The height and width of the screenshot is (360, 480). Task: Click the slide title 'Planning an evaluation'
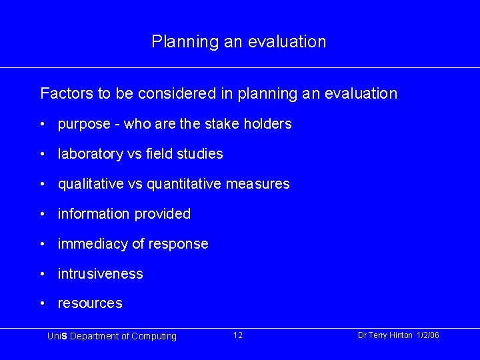click(x=239, y=42)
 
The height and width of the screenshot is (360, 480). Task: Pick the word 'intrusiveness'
click(x=100, y=274)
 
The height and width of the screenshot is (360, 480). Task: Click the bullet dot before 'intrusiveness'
click(x=42, y=274)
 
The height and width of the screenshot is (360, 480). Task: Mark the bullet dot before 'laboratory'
click(x=42, y=154)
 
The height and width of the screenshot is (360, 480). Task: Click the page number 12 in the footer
click(x=238, y=335)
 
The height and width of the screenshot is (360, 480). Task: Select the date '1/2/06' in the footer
click(x=427, y=335)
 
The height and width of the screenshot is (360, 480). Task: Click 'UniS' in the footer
click(x=55, y=336)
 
